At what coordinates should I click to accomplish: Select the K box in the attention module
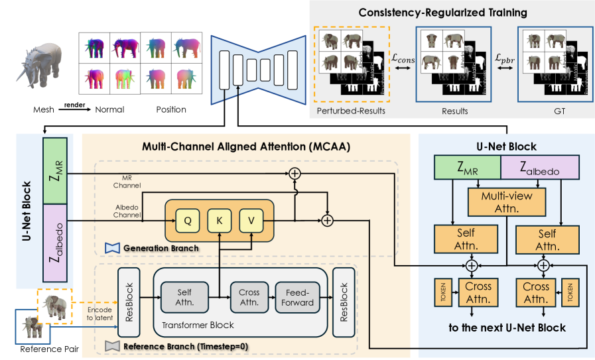click(x=220, y=219)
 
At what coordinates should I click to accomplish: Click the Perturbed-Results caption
click(x=353, y=110)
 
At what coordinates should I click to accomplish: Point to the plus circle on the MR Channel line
click(x=294, y=174)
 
